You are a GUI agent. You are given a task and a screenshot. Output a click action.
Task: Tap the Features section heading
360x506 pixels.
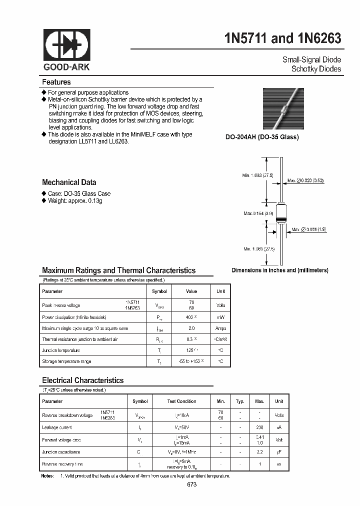pos(56,82)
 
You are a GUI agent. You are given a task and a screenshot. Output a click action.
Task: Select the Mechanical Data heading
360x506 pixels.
pos(69,182)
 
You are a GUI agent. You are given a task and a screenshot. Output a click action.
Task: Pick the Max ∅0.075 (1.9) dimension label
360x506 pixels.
pos(310,229)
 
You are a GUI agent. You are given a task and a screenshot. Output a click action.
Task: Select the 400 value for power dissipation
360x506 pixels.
pos(190,317)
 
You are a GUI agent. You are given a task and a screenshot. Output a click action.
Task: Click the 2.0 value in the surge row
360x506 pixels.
pos(191,328)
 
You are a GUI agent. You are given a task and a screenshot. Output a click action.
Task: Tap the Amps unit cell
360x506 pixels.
pos(220,328)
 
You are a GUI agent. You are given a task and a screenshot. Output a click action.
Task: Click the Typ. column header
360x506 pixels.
pos(240,401)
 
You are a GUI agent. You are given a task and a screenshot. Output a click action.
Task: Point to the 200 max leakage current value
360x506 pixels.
pos(259,427)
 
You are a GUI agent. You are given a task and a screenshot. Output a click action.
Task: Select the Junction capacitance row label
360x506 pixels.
pos(61,452)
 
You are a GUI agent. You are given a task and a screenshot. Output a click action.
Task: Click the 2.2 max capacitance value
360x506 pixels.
pos(259,452)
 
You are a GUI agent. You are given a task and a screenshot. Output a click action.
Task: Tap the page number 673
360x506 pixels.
pos(191,485)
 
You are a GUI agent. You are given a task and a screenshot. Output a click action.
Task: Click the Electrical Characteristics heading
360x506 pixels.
pos(82,380)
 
